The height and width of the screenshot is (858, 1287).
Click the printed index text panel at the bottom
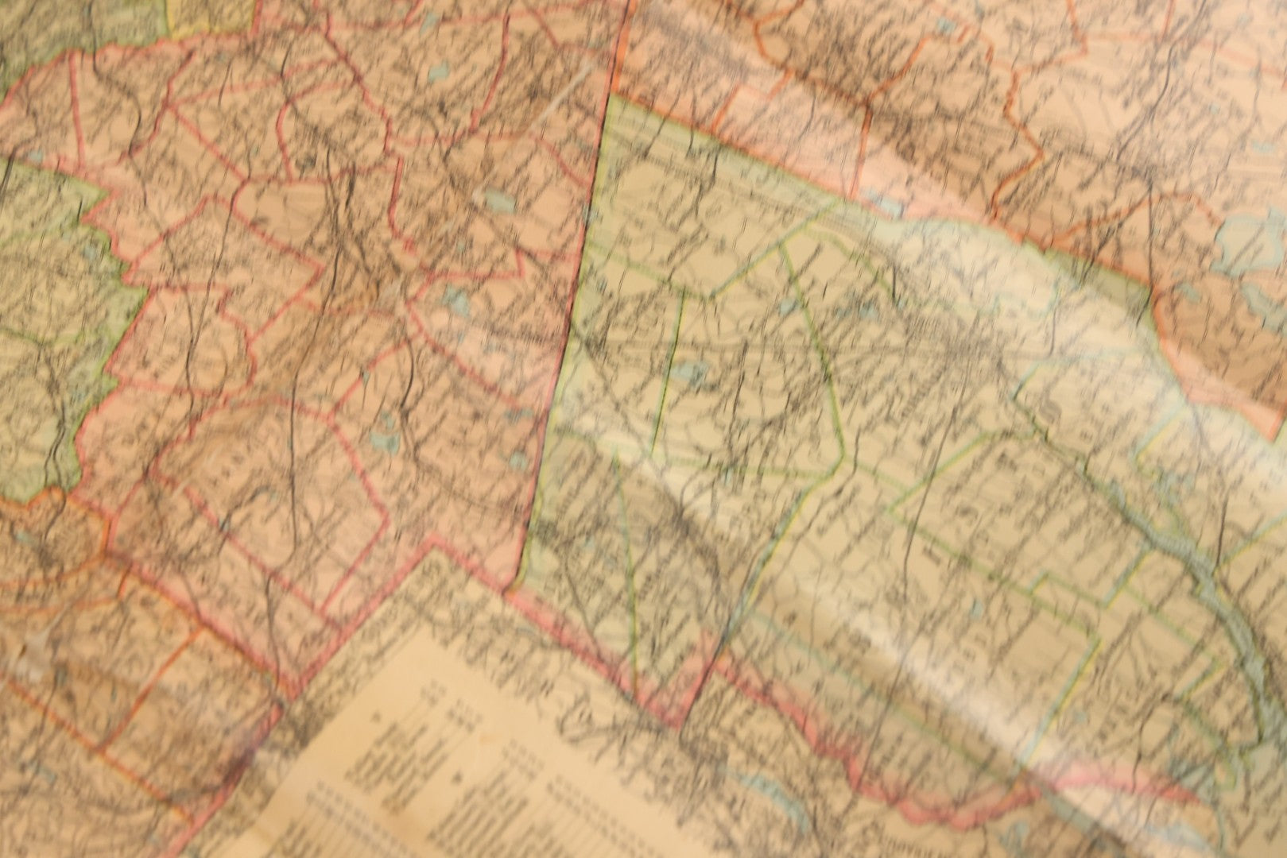click(445, 763)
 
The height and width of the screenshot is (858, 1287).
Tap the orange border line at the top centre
click(620, 48)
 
